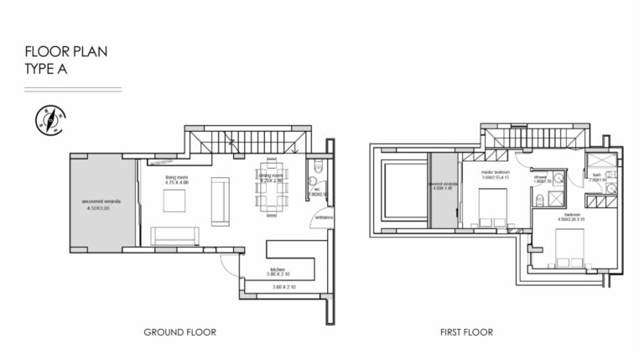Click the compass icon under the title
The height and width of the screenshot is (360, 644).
[48, 121]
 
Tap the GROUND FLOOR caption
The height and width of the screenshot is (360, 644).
[179, 332]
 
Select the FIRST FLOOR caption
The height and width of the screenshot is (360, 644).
[466, 332]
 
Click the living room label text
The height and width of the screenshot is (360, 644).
[176, 180]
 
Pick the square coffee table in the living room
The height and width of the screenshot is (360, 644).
[175, 201]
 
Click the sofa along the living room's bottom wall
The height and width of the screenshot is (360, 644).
[174, 236]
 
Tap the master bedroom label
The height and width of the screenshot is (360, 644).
[496, 172]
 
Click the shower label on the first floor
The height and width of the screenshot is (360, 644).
[541, 179]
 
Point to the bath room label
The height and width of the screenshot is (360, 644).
[598, 178]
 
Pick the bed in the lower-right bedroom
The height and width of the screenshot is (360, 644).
[573, 249]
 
